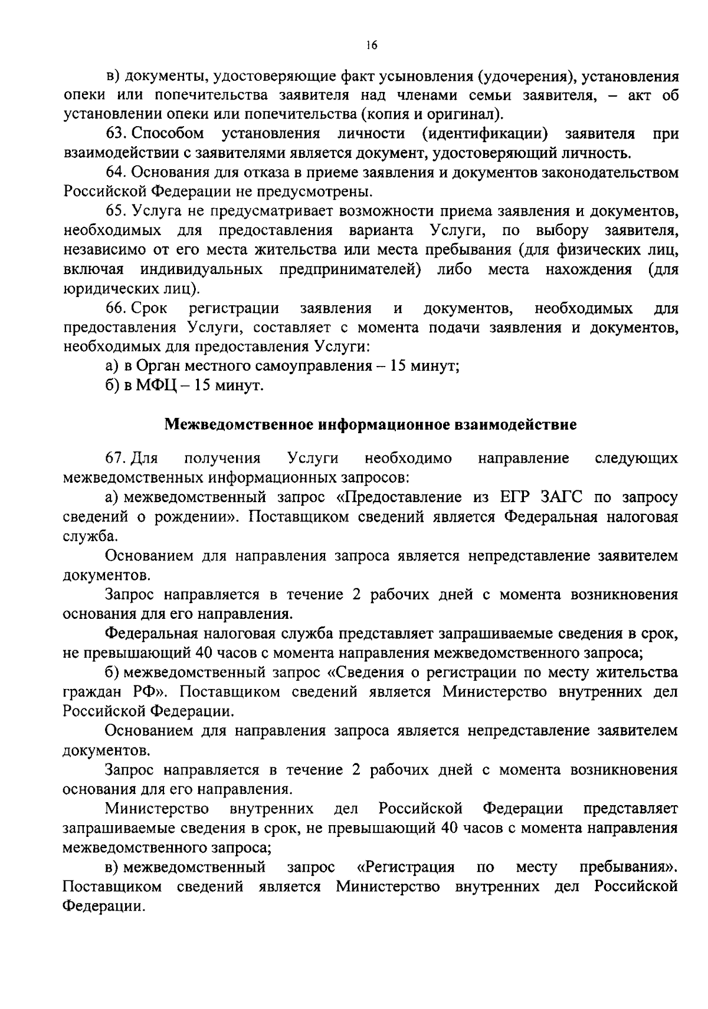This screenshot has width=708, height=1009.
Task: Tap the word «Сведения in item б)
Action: [366, 672]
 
